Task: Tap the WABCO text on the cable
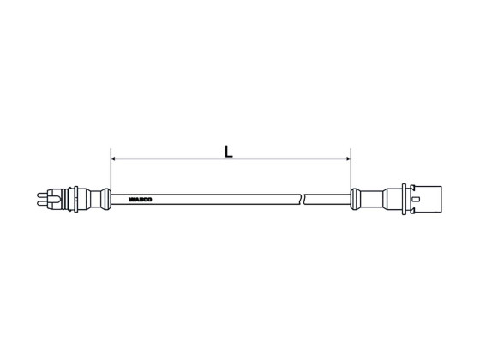(x=141, y=200)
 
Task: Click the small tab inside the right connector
(x=417, y=200)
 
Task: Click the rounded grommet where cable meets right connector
(x=354, y=200)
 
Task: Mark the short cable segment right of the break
(x=327, y=200)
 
